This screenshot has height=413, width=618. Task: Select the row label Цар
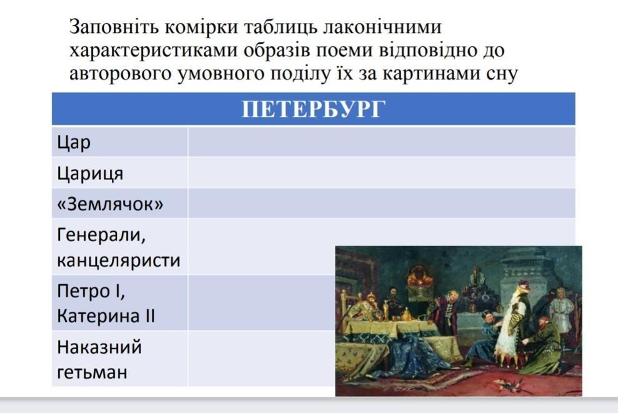click(74, 142)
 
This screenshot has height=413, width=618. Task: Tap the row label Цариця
click(90, 174)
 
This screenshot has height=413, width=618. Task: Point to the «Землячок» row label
click(110, 204)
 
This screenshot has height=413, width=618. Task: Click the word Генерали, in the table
click(101, 236)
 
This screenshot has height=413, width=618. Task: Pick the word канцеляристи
click(119, 261)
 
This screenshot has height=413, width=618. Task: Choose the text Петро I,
click(91, 292)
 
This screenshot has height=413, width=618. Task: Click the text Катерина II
click(106, 316)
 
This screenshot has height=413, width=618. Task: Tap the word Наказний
click(99, 347)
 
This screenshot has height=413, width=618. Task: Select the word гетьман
click(92, 372)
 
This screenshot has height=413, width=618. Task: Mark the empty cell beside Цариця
click(382, 172)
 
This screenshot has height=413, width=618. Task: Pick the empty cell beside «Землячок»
click(382, 203)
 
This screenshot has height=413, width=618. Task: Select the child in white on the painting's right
click(562, 313)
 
